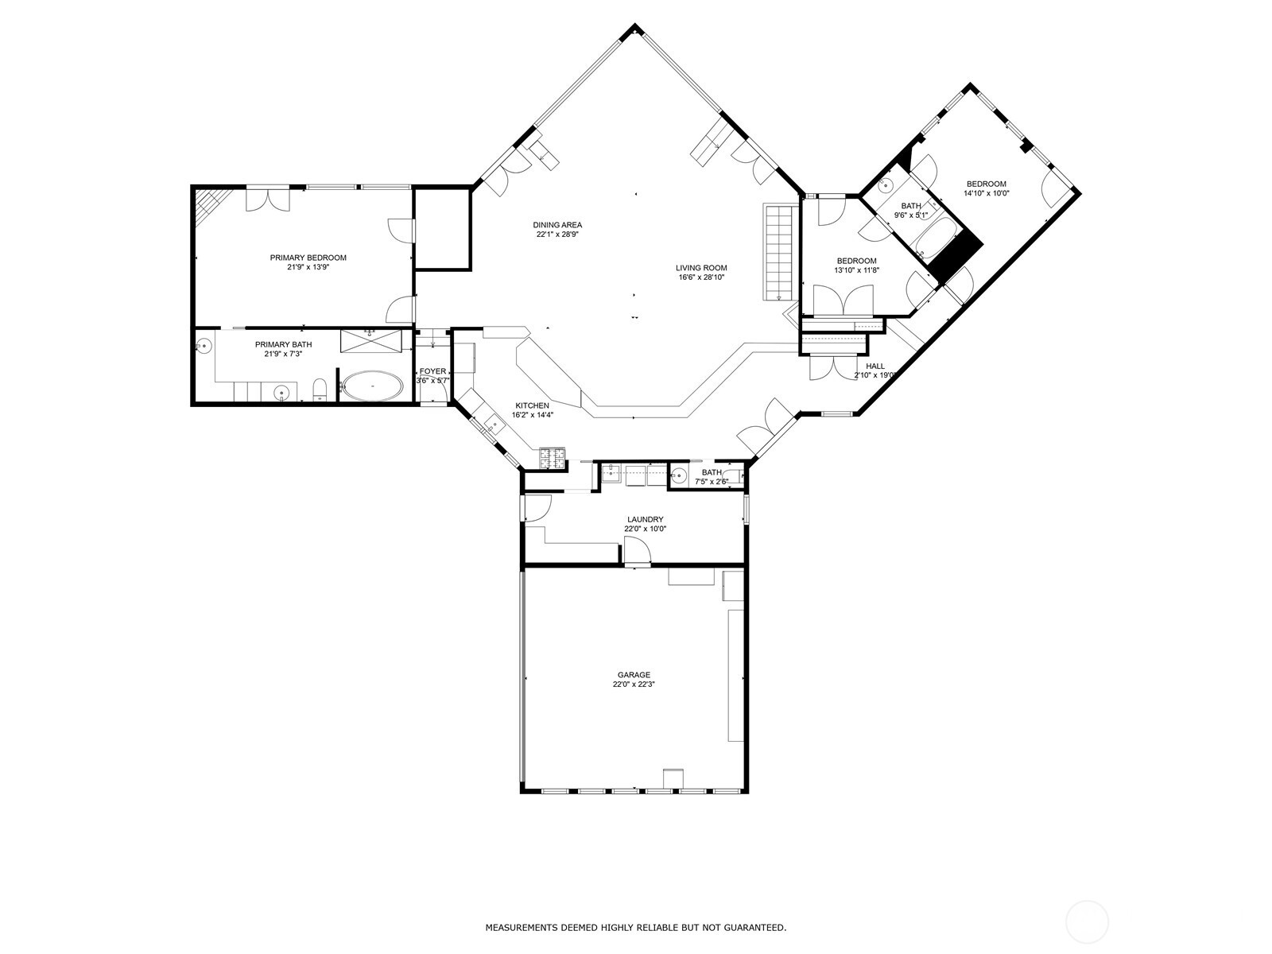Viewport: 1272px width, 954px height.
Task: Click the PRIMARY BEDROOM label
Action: [308, 258]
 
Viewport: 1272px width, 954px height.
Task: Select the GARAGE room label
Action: [633, 675]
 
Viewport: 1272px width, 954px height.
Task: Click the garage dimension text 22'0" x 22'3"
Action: [633, 684]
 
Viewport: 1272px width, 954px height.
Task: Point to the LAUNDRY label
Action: [645, 519]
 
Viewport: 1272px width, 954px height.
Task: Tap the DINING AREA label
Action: [557, 225]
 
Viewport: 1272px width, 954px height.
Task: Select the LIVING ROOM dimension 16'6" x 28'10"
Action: [701, 277]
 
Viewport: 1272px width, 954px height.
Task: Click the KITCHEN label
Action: [532, 405]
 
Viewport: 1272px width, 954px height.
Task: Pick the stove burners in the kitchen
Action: [553, 457]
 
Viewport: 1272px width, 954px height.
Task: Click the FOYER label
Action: [433, 371]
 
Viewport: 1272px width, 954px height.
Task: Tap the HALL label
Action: [874, 366]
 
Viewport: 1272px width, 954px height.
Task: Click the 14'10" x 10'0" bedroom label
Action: [986, 184]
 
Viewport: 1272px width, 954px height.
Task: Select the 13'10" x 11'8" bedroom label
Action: [856, 261]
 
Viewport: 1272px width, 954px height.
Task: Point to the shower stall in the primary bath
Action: [372, 340]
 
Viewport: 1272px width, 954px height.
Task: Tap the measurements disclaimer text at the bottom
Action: [636, 927]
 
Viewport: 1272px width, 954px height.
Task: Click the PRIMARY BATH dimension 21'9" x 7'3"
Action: [283, 354]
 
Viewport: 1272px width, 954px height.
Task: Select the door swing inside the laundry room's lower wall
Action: [636, 551]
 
